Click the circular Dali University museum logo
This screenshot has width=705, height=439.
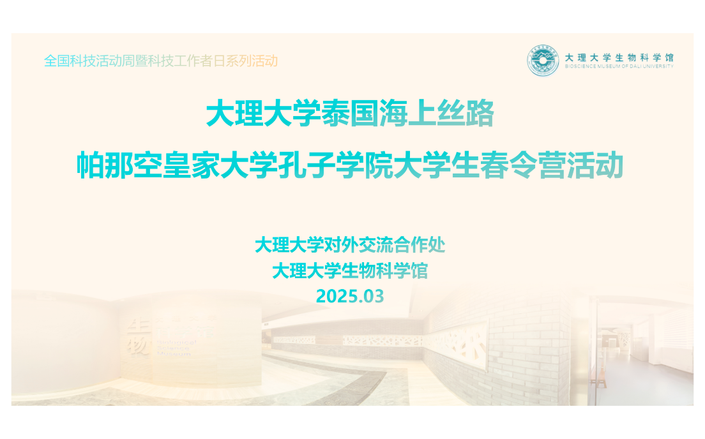coord(543,61)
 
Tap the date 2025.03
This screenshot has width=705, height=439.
coord(350,296)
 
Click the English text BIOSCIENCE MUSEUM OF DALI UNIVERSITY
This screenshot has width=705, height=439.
coord(619,66)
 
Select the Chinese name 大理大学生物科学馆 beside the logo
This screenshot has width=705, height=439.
coord(619,57)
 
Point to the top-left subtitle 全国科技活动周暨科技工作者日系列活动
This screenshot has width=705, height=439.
coord(161,61)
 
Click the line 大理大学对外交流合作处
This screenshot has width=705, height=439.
coord(350,245)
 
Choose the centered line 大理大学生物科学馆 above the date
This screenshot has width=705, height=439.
coord(350,271)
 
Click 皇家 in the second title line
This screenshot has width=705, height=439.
coord(192,165)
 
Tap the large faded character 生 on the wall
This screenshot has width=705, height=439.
coord(136,326)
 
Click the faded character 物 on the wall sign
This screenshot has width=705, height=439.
coord(137,346)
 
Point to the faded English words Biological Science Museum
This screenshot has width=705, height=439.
coord(177,348)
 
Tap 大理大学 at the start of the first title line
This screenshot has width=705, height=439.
coord(264,114)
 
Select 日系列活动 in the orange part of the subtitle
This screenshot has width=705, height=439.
coord(245,61)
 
